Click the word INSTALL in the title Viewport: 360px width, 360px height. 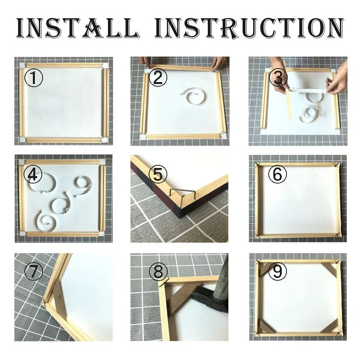pyautogui.click(x=77, y=28)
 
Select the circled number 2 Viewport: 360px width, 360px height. pyautogui.click(x=158, y=78)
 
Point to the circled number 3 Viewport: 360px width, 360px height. pyautogui.click(x=278, y=78)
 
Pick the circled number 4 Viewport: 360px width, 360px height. pyautogui.click(x=33, y=175)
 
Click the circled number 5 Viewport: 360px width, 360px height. pyautogui.click(x=158, y=175)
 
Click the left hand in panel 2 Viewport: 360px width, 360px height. pyautogui.click(x=145, y=61)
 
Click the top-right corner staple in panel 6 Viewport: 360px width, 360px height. pyautogui.click(x=336, y=165)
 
